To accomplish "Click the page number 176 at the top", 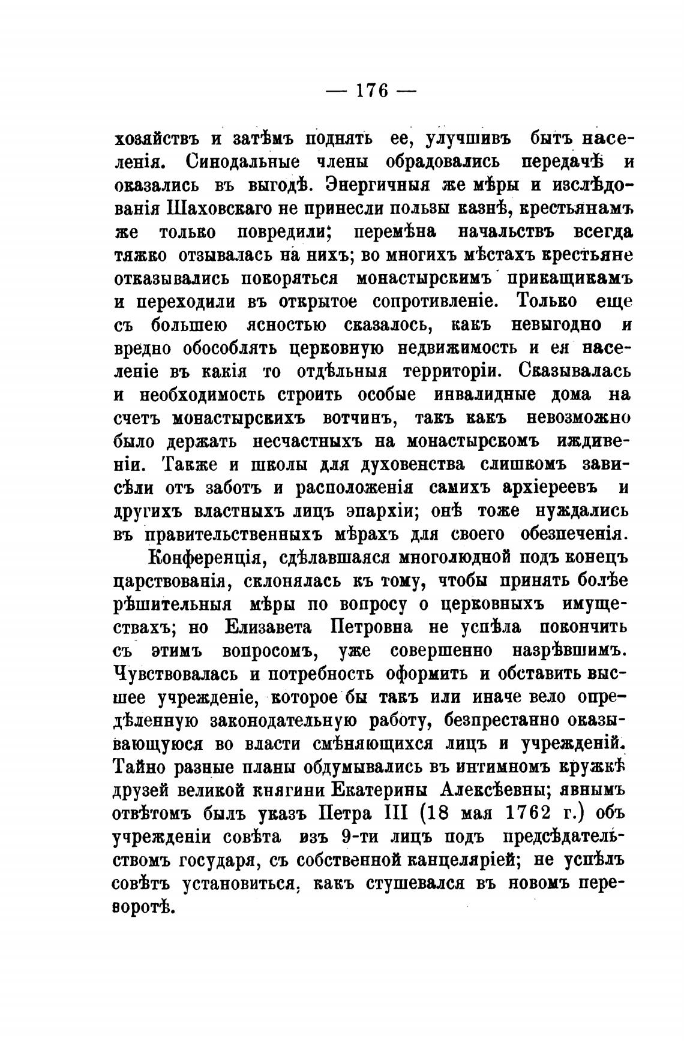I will (370, 91).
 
